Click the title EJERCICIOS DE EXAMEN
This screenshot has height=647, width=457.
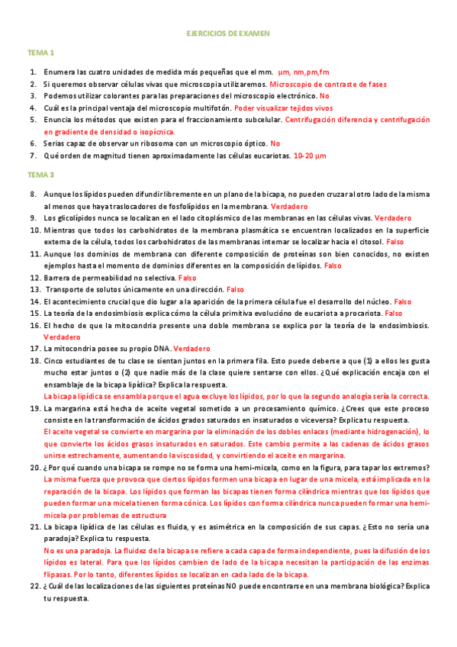pos(228,34)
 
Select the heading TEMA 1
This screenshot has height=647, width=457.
pos(40,53)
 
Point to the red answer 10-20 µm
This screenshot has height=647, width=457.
pos(310,156)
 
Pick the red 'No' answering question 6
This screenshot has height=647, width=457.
pos(275,143)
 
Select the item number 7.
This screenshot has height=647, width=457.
pos(34,156)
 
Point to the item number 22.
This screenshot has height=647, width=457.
pos(34,586)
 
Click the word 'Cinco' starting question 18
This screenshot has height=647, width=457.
pos(54,360)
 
